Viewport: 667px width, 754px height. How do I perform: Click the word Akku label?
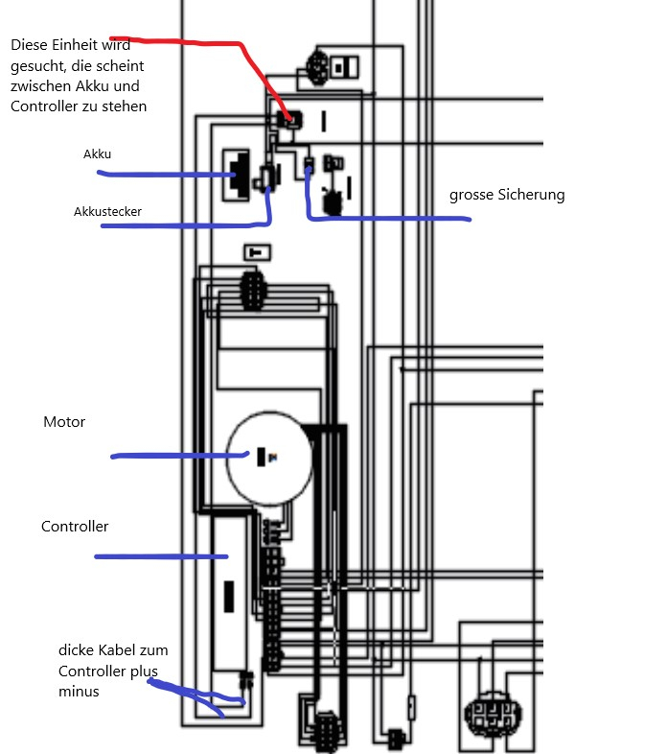pyautogui.click(x=98, y=153)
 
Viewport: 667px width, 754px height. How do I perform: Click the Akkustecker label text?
pyautogui.click(x=107, y=211)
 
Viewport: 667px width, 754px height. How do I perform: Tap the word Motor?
pyautogui.click(x=64, y=422)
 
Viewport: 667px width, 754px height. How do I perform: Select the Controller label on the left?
pyautogui.click(x=75, y=527)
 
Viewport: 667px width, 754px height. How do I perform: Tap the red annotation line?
pyautogui.click(x=211, y=43)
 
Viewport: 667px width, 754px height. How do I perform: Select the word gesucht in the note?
pyautogui.click(x=39, y=66)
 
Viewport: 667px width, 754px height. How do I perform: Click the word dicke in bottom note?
pyautogui.click(x=78, y=649)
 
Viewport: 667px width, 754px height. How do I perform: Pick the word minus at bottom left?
pyautogui.click(x=79, y=691)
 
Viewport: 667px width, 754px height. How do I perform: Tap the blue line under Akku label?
pyautogui.click(x=163, y=175)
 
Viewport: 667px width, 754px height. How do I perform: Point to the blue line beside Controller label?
pyautogui.click(x=158, y=556)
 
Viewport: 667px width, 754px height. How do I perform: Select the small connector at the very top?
pyautogui.click(x=318, y=66)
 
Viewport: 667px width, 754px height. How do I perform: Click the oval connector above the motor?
pyautogui.click(x=251, y=289)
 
